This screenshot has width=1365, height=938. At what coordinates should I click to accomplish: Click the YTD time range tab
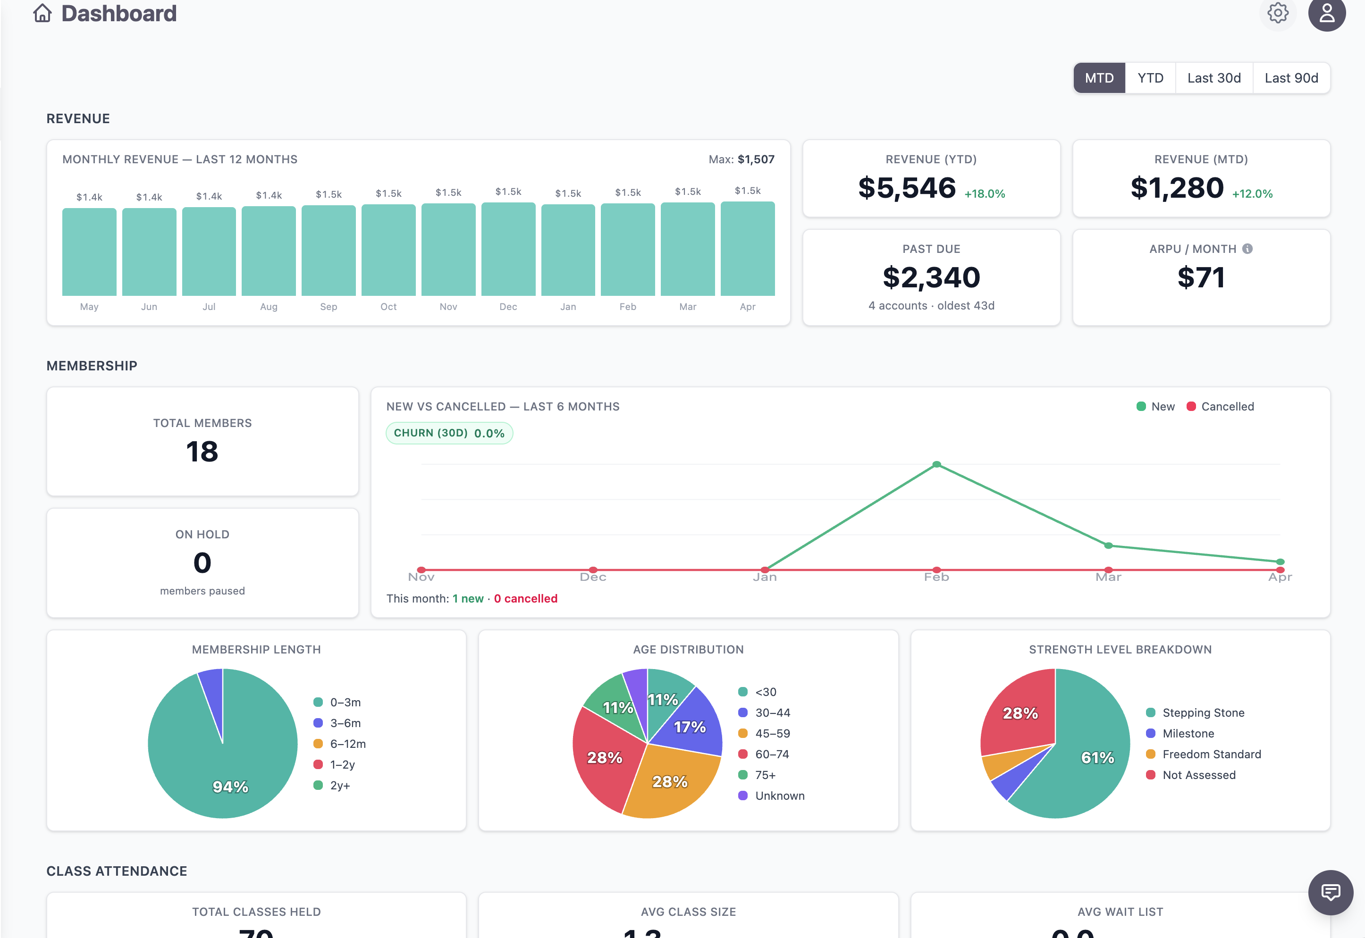tap(1150, 78)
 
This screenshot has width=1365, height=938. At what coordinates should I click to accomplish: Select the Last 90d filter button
tap(1291, 78)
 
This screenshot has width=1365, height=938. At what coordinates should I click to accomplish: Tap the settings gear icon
tap(1277, 12)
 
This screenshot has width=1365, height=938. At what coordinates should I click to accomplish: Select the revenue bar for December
tap(508, 249)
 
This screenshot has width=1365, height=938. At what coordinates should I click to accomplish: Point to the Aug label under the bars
tap(269, 307)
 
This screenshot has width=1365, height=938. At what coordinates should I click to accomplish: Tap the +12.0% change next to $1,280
tap(1252, 194)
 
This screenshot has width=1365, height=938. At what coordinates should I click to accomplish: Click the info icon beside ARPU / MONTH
tap(1247, 249)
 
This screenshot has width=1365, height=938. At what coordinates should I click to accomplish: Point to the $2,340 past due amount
tap(931, 277)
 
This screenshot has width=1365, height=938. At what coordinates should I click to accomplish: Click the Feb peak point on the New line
tap(936, 465)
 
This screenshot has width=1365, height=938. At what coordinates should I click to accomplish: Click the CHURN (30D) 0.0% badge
tap(449, 433)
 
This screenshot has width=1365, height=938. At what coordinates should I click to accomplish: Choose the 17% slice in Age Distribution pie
tap(689, 727)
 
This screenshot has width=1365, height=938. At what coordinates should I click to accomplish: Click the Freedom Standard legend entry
tap(1211, 754)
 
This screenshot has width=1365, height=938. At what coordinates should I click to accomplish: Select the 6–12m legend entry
tap(347, 744)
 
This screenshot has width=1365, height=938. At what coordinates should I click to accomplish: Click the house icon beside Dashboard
tap(42, 13)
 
